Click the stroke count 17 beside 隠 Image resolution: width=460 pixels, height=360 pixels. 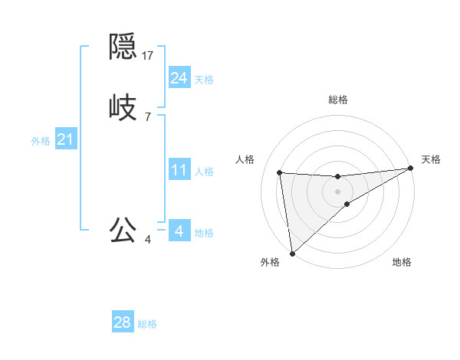pos(149,55)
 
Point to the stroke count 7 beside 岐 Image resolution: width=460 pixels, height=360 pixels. pos(147,116)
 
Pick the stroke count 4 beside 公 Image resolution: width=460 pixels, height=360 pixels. pos(147,240)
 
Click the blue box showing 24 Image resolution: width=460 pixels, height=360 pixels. pos(179,77)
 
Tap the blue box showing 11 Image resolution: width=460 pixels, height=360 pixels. pos(179,170)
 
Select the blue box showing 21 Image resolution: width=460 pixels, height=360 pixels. pos(65,139)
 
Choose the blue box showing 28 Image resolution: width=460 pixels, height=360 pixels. pos(123,322)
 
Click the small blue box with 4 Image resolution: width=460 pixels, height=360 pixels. pos(179,231)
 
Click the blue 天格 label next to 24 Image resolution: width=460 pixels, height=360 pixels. pos(204,80)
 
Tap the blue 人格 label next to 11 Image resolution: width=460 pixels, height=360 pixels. pos(204,172)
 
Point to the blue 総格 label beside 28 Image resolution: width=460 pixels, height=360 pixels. pos(147,324)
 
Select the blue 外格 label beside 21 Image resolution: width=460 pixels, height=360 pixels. pos(41,141)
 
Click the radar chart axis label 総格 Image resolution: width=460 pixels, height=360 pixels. pos(338,100)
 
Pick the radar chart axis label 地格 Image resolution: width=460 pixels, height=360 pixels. pos(402,263)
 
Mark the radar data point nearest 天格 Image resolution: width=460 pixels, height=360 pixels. pos(410,169)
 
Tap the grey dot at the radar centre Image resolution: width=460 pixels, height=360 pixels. pos(338,191)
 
